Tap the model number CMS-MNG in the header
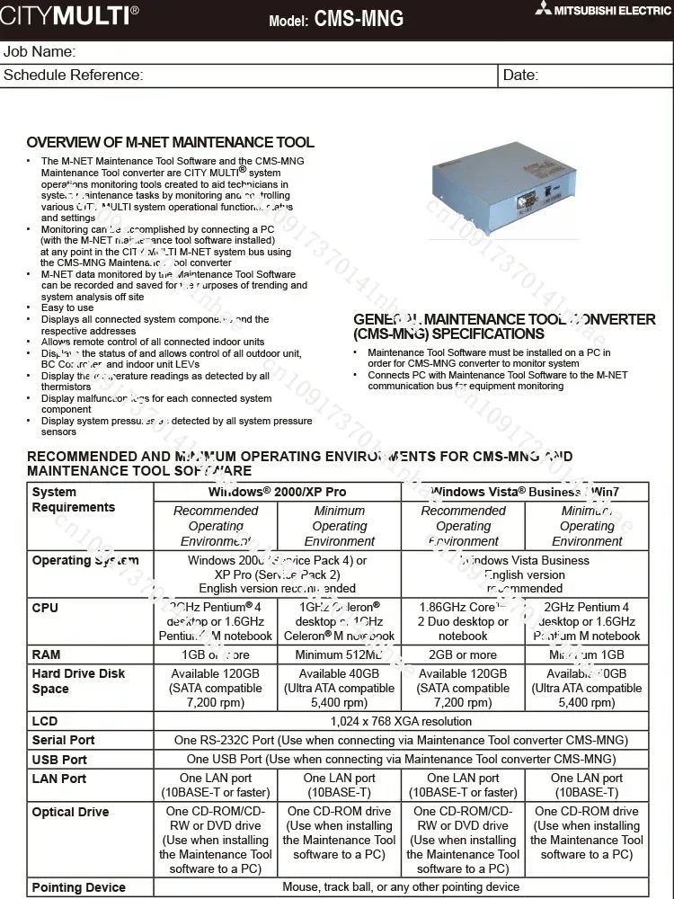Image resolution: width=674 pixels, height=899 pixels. click(359, 19)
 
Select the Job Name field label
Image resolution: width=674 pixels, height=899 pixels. click(40, 52)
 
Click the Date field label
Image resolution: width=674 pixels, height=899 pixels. click(520, 76)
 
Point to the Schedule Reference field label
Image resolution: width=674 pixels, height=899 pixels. click(73, 76)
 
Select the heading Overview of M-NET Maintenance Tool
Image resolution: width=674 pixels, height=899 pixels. click(170, 143)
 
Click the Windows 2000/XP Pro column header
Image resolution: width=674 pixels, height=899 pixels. click(277, 492)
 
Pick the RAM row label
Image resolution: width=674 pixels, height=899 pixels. click(47, 654)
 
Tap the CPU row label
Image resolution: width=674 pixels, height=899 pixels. click(45, 608)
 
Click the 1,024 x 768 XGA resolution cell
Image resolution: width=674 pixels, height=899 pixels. click(401, 721)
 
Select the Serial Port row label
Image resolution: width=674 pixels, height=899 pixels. click(63, 740)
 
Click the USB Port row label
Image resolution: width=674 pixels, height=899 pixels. click(59, 760)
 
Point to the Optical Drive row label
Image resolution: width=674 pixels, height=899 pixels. click(70, 812)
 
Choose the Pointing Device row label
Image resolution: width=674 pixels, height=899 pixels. click(78, 887)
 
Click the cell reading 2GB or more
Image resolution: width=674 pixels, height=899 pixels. click(463, 654)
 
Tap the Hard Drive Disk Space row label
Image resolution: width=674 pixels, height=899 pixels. click(78, 681)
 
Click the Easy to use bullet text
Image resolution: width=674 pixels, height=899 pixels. click(67, 307)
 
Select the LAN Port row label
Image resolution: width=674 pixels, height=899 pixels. click(59, 779)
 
